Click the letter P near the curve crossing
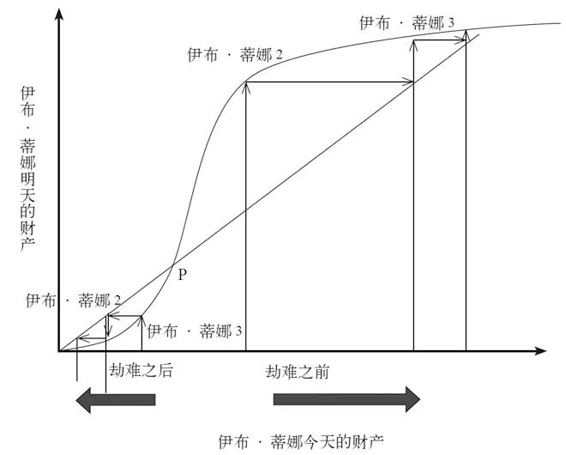pyautogui.click(x=181, y=275)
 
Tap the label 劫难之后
pyautogui.click(x=141, y=370)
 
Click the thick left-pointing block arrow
pyautogui.click(x=116, y=399)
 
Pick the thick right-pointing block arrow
pyautogui.click(x=346, y=399)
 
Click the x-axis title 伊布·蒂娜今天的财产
pyautogui.click(x=301, y=441)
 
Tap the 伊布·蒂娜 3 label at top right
pyautogui.click(x=406, y=22)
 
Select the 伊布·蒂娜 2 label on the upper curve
pyautogui.click(x=235, y=55)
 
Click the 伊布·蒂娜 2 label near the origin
pyautogui.click(x=73, y=300)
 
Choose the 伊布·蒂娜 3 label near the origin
pyautogui.click(x=196, y=331)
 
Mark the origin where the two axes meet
pyautogui.click(x=58, y=351)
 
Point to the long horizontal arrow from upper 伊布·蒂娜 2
pyautogui.click(x=330, y=82)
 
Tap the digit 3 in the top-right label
pyautogui.click(x=450, y=22)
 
